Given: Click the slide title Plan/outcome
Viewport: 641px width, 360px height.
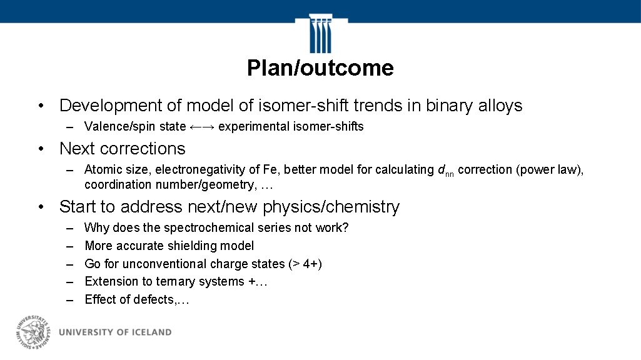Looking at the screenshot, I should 320,68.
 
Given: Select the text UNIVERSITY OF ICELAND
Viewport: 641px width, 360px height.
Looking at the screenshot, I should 115,332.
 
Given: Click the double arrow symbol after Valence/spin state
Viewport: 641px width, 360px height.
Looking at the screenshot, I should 202,127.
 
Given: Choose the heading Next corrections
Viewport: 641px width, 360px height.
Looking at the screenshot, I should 122,149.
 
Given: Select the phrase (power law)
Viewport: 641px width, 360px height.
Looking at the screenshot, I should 550,169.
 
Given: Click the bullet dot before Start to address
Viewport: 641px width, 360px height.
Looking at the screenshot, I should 39,207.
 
